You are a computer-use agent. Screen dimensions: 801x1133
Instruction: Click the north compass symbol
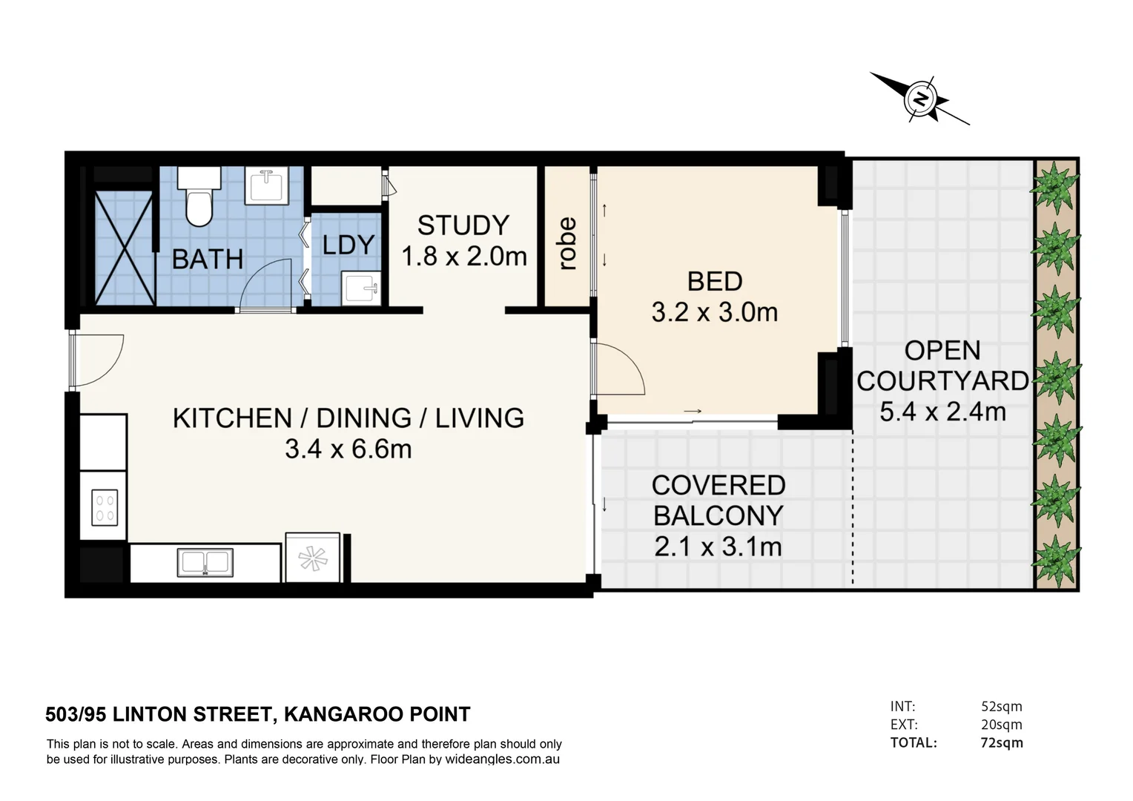point(920,99)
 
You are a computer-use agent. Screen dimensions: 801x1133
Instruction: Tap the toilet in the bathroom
point(199,198)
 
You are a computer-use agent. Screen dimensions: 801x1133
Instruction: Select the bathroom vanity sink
point(266,185)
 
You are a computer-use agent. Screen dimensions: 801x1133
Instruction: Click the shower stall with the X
point(125,248)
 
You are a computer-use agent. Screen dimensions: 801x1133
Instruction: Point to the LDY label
point(348,245)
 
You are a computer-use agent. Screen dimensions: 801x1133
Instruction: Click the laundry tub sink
point(361,288)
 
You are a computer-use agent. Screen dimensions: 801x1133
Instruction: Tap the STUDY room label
point(463,225)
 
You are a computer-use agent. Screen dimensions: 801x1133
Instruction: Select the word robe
point(566,243)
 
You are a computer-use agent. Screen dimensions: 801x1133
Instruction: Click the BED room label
point(715,281)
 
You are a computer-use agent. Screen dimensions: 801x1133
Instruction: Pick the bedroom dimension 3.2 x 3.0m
point(715,312)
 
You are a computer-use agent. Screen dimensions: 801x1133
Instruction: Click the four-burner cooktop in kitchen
point(105,507)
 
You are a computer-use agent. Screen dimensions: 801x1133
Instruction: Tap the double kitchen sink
point(205,562)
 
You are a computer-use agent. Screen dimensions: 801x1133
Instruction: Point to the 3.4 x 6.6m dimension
point(348,449)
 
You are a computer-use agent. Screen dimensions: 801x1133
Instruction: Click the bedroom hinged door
point(620,369)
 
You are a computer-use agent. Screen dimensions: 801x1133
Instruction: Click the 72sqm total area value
point(1001,742)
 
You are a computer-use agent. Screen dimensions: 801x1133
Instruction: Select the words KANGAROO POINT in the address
point(377,714)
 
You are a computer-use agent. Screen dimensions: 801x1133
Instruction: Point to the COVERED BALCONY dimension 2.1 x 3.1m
point(718,547)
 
